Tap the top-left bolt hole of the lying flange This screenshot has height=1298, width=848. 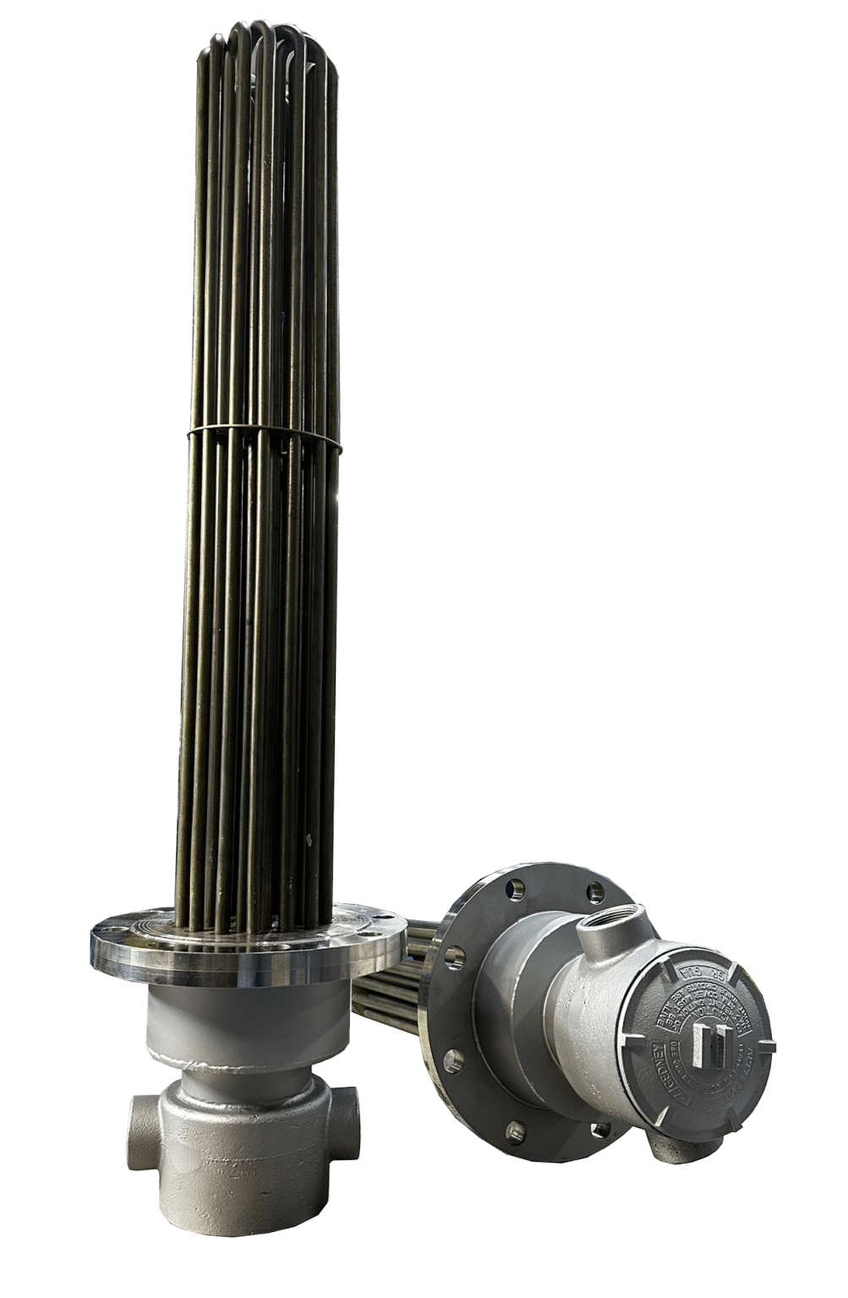(x=513, y=890)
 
